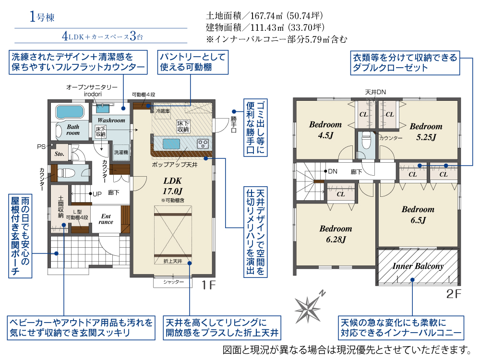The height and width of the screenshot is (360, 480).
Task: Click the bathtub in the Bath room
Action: click(70, 112)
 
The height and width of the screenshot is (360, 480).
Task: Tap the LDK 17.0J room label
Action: click(173, 186)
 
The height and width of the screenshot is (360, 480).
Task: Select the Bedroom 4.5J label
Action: click(325, 130)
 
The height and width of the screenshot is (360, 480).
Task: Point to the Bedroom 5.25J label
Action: click(426, 132)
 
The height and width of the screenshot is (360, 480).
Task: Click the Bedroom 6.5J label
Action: click(418, 215)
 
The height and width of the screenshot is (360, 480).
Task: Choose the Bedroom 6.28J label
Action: click(336, 234)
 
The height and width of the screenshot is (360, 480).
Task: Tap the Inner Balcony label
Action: click(418, 266)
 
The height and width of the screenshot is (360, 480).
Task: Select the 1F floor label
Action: click(208, 285)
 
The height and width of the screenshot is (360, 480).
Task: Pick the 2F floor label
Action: click(454, 294)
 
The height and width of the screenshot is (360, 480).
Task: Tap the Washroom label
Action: click(111, 120)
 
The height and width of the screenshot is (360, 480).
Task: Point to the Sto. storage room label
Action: click(60, 154)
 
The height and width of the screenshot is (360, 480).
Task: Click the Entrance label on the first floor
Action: click(106, 219)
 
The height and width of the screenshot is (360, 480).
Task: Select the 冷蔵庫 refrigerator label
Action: click(163, 111)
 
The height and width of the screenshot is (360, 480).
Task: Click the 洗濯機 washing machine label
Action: click(121, 152)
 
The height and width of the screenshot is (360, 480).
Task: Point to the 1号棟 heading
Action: click(42, 17)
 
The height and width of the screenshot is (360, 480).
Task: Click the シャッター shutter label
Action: click(173, 282)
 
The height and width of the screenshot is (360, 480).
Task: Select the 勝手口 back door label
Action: click(234, 124)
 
